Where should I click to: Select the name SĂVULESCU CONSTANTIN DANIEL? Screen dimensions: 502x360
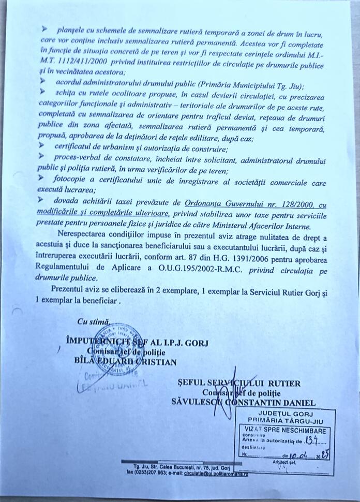coord(244,402)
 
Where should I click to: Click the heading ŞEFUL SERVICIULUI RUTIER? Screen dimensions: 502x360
coord(238,383)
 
